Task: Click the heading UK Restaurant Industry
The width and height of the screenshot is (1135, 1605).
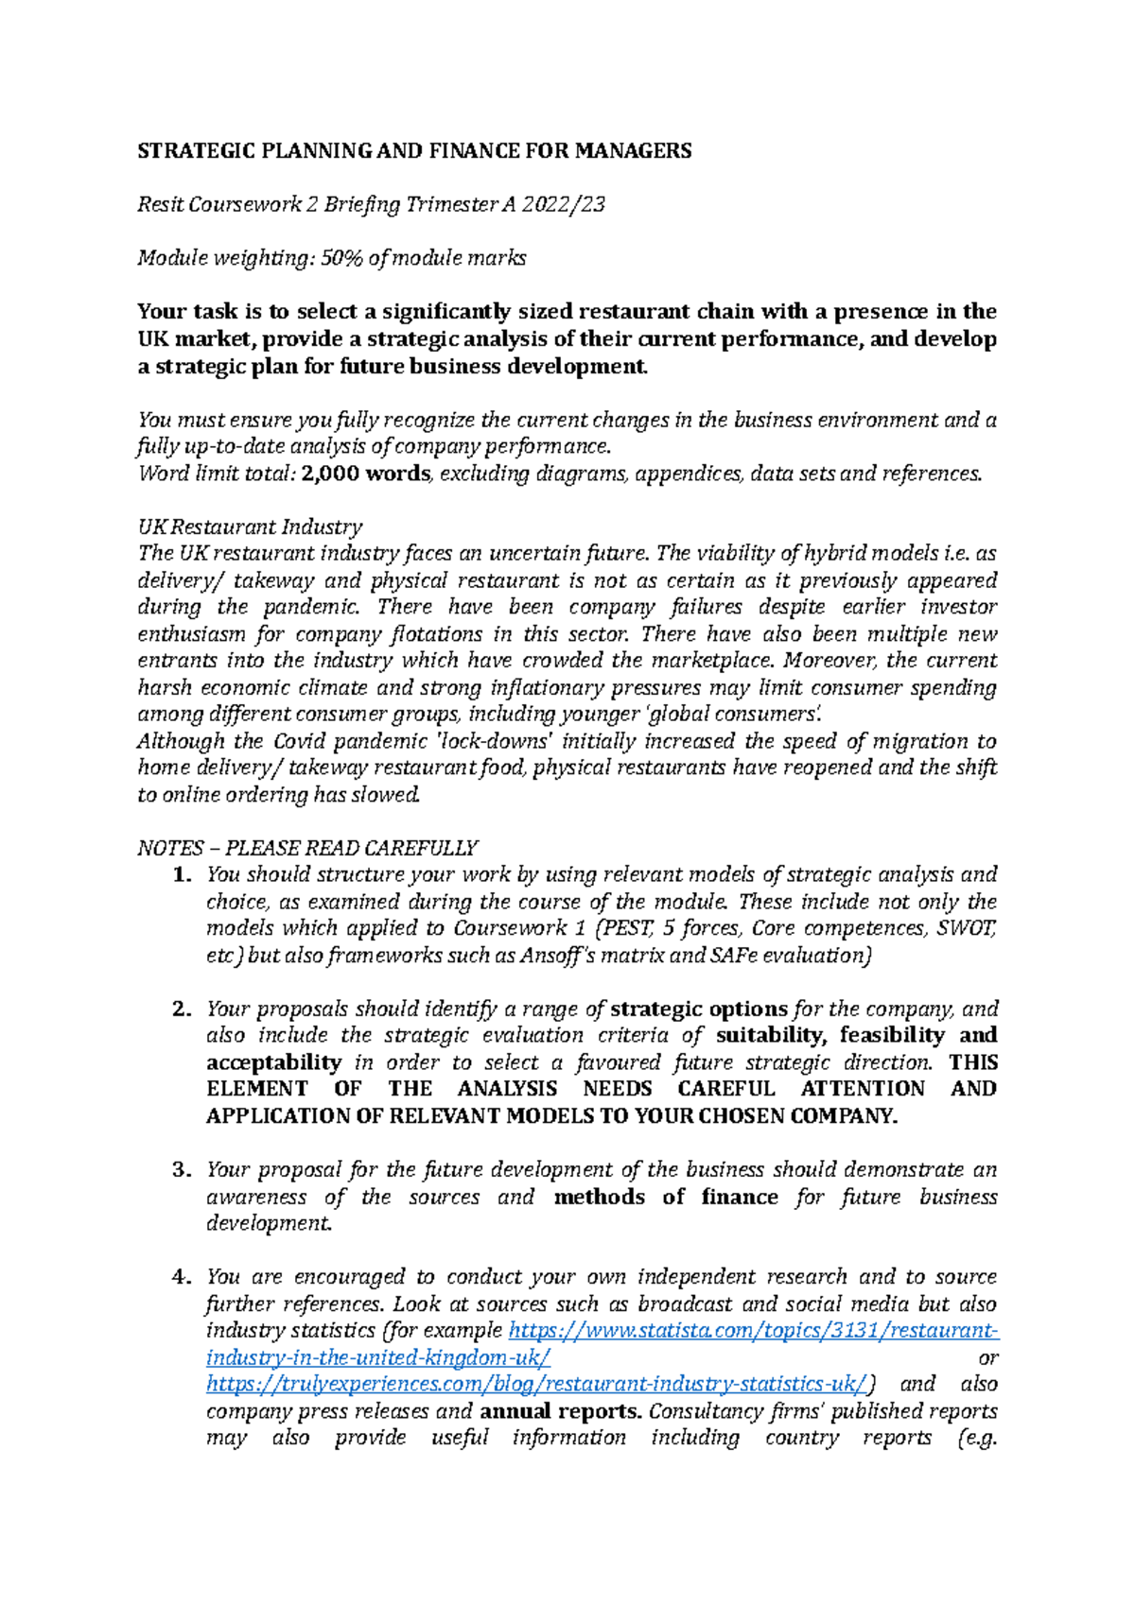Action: click(250, 526)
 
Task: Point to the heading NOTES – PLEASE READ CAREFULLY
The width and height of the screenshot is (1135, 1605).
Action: click(307, 848)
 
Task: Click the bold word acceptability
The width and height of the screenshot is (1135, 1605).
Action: click(274, 1061)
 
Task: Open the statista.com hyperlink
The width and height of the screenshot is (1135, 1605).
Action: click(753, 1331)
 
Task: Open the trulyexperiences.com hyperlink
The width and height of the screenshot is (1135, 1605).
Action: click(535, 1384)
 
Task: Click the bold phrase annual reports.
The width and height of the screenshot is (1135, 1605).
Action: click(562, 1411)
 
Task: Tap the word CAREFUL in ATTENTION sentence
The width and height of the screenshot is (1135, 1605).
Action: click(725, 1089)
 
